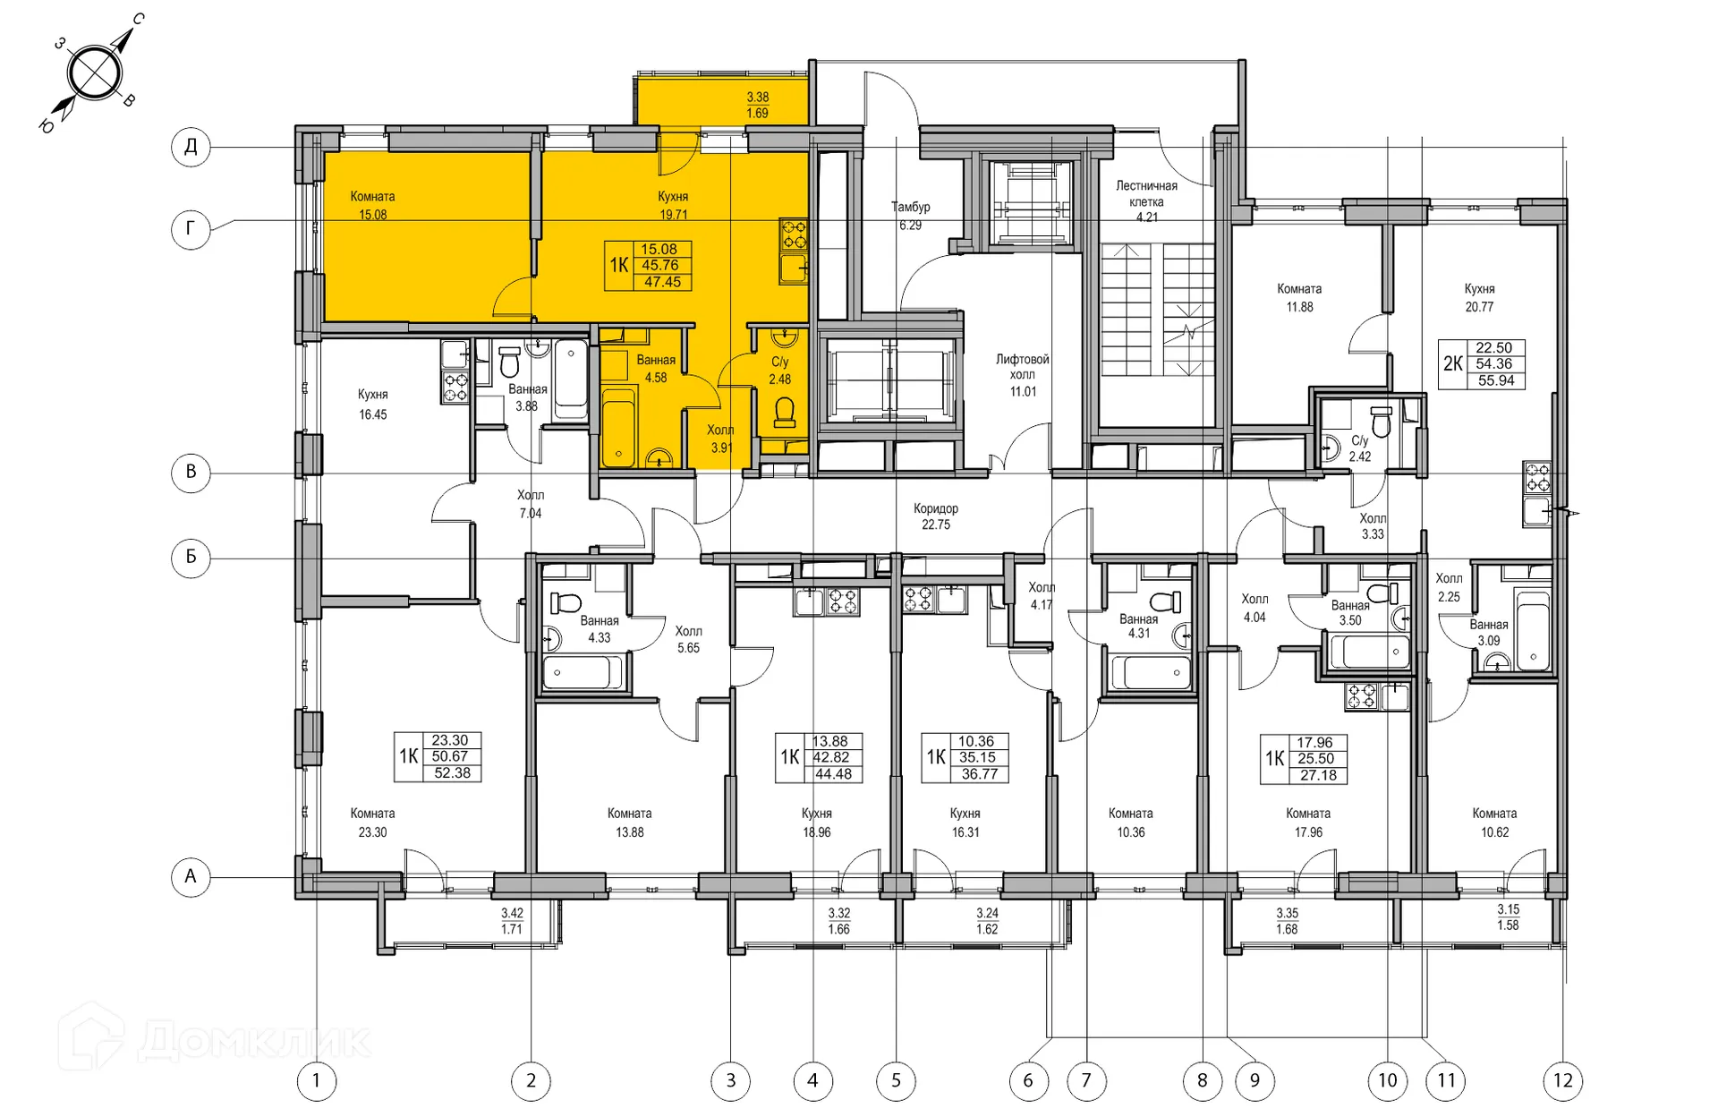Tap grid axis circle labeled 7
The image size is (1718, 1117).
[x=1086, y=1080]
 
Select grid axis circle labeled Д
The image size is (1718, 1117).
[x=191, y=146]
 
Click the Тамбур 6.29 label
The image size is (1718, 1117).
[x=910, y=216]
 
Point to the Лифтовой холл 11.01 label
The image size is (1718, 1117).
[x=1023, y=375]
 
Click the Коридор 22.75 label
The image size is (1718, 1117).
[x=936, y=516]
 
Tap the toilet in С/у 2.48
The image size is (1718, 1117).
[x=785, y=413]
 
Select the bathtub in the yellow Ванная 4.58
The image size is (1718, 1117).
[x=617, y=427]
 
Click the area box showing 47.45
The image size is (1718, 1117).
[x=662, y=282]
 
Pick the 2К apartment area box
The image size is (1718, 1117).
[x=1482, y=364]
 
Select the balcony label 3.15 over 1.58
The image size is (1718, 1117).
[x=1508, y=917]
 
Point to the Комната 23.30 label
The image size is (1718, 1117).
[x=372, y=823]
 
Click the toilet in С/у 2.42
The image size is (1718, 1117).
[x=1382, y=422]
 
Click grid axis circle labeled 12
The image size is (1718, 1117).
[x=1562, y=1080]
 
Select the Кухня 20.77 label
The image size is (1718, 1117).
[x=1479, y=297]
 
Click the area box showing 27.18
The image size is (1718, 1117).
[x=1318, y=775]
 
